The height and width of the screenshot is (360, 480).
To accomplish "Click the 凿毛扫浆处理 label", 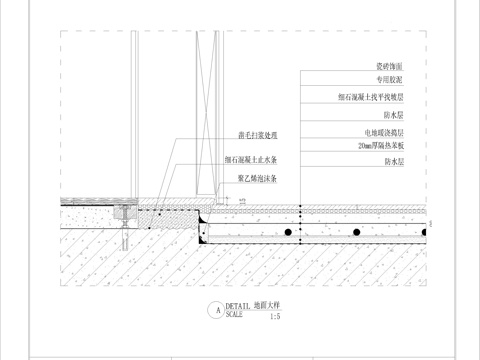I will point(257,135).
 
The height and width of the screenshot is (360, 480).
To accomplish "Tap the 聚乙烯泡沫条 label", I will point(257,179).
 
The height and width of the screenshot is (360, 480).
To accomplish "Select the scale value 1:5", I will point(275,317).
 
